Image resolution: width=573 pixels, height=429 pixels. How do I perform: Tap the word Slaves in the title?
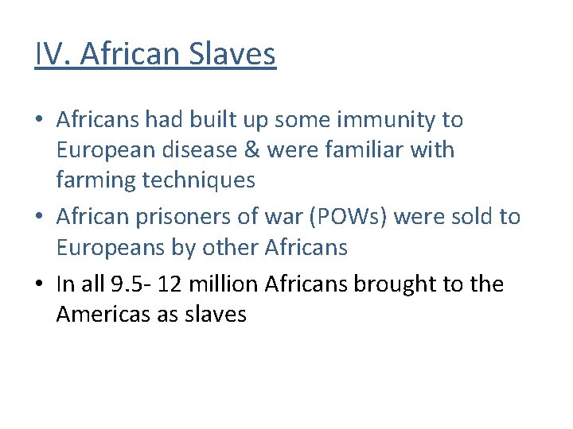click(x=232, y=54)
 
